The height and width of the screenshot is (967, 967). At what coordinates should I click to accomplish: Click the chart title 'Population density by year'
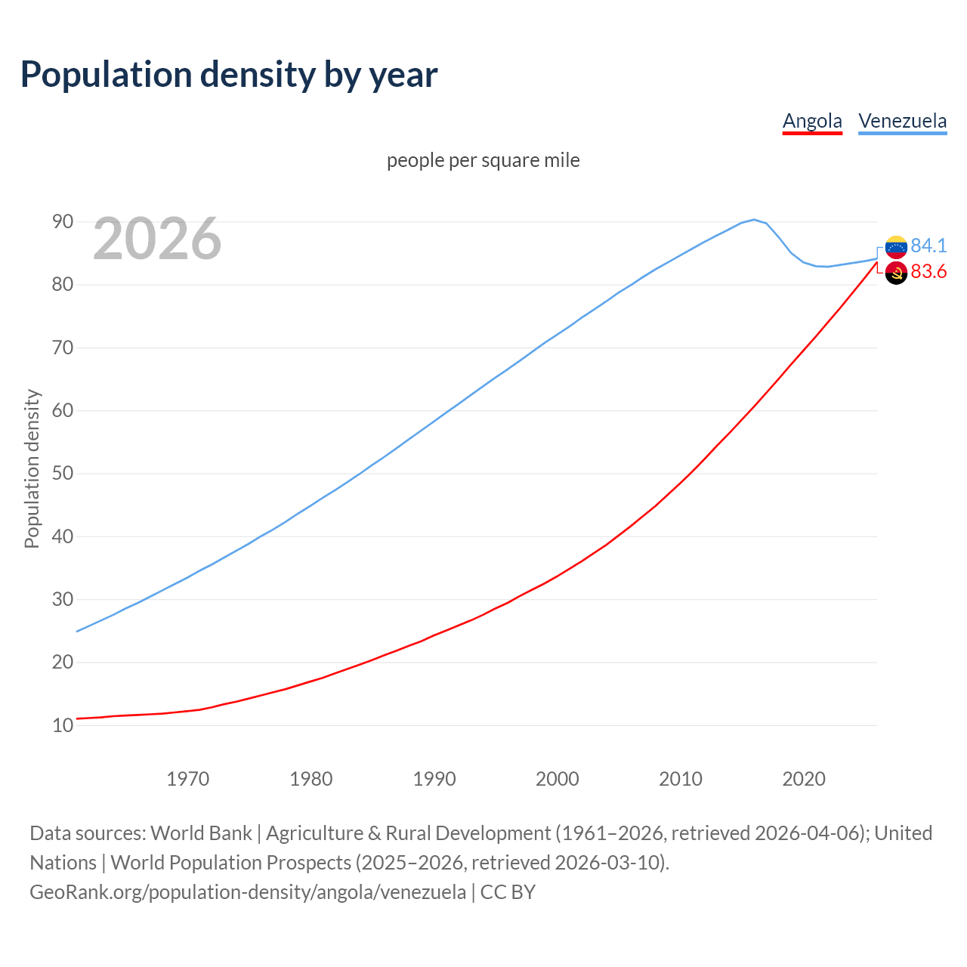(x=229, y=75)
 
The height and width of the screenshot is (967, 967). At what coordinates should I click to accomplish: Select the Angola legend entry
(x=812, y=121)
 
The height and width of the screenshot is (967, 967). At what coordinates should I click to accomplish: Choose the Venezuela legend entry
(x=902, y=121)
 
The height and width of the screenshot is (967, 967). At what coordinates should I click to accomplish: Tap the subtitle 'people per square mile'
(x=483, y=161)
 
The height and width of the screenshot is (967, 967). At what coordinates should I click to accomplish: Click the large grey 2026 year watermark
(x=157, y=239)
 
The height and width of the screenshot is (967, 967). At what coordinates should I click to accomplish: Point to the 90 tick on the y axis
(x=63, y=222)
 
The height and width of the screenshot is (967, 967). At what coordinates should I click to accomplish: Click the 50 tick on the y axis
(x=63, y=474)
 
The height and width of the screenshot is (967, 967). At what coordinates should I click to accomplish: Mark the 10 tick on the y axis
(x=63, y=725)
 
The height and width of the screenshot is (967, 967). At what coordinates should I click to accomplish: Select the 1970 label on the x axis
(x=187, y=779)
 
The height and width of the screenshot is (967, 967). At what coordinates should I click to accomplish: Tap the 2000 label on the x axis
(x=557, y=779)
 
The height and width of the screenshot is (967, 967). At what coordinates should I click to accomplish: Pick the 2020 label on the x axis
(x=803, y=779)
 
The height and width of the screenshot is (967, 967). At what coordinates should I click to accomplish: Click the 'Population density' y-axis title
(x=32, y=468)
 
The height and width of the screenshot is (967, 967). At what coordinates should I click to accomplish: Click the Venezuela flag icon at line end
(x=896, y=246)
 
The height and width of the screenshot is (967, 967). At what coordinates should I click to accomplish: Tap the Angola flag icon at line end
(x=896, y=273)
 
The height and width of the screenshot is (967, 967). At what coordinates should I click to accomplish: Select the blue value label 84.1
(x=928, y=246)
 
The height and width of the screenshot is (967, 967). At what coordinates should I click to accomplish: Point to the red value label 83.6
(x=928, y=272)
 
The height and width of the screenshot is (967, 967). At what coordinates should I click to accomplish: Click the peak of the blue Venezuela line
(x=754, y=220)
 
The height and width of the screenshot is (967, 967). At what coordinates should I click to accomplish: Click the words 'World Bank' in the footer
(x=201, y=833)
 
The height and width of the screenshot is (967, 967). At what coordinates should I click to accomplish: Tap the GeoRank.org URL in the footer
(x=248, y=892)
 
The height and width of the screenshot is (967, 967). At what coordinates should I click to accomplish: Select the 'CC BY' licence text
(x=508, y=892)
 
